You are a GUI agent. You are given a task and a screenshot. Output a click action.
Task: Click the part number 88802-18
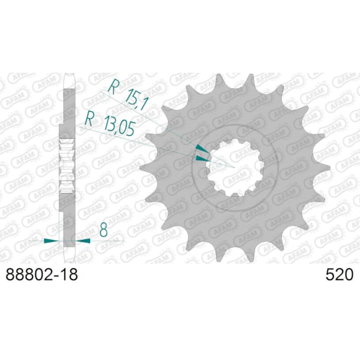click(x=41, y=275)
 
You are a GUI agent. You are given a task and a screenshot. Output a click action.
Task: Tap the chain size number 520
click(x=339, y=275)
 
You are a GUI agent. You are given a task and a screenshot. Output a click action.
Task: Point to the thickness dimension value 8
click(x=104, y=230)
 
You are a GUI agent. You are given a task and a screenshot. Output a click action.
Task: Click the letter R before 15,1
click(x=113, y=87)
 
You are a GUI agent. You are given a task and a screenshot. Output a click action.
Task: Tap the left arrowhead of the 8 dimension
click(x=52, y=241)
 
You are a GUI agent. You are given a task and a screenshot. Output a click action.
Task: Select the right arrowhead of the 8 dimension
click(x=83, y=241)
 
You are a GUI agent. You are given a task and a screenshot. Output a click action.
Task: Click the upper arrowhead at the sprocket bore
click(x=202, y=149)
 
